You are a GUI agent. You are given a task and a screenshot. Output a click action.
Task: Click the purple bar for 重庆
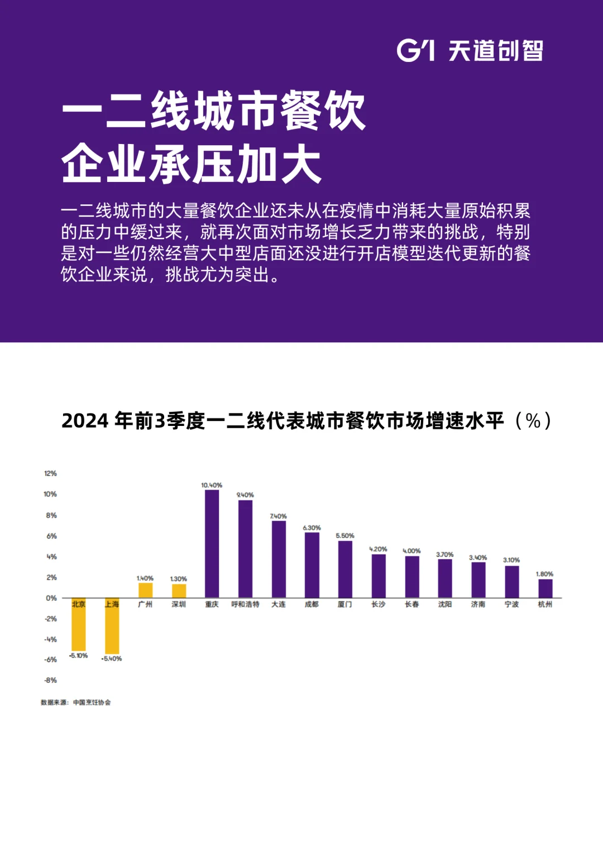(x=212, y=544)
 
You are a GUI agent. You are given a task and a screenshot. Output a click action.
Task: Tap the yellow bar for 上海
(x=112, y=626)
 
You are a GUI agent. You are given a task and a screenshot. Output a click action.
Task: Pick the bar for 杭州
(x=545, y=588)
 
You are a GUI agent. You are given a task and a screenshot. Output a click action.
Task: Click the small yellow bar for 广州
(x=145, y=590)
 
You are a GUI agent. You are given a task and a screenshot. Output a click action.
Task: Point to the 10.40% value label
(x=212, y=485)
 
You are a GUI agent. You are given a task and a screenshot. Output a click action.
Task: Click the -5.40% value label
(x=112, y=659)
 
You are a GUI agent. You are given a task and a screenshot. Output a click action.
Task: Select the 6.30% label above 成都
(x=312, y=528)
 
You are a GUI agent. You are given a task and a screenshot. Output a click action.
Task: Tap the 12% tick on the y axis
(x=50, y=473)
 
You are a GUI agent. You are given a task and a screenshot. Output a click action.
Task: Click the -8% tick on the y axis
(x=50, y=680)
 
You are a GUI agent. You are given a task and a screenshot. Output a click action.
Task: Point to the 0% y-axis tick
(x=51, y=598)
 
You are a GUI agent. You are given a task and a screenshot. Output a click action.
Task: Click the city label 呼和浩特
(x=245, y=605)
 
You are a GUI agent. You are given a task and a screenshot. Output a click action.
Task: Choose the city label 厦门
(x=344, y=605)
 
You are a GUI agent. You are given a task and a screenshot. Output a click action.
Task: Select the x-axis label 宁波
(x=511, y=605)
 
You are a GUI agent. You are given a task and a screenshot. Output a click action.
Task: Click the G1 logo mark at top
(x=415, y=50)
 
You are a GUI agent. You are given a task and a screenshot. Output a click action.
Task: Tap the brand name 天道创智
(x=496, y=51)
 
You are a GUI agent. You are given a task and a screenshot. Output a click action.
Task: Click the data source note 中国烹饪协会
(x=92, y=702)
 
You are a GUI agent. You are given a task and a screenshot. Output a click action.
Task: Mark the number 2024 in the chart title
(x=85, y=421)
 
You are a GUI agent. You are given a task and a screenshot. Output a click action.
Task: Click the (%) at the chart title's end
(x=533, y=421)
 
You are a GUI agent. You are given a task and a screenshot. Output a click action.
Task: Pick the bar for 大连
(x=279, y=559)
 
